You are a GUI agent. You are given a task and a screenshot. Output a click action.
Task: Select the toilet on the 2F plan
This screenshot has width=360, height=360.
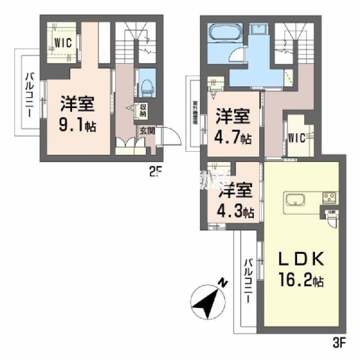tap(146, 86)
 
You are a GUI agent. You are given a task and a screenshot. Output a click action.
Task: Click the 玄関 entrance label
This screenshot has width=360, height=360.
tap(147, 129)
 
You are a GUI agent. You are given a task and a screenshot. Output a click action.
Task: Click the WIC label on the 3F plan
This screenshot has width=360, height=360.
tap(297, 137)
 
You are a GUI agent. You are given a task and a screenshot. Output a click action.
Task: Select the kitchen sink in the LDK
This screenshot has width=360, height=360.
tap(295, 199)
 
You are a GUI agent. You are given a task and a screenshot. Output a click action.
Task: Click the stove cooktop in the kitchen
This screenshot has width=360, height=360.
tap(329, 197)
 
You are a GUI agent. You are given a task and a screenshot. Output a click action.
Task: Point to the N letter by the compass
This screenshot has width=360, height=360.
tap(222, 281)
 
